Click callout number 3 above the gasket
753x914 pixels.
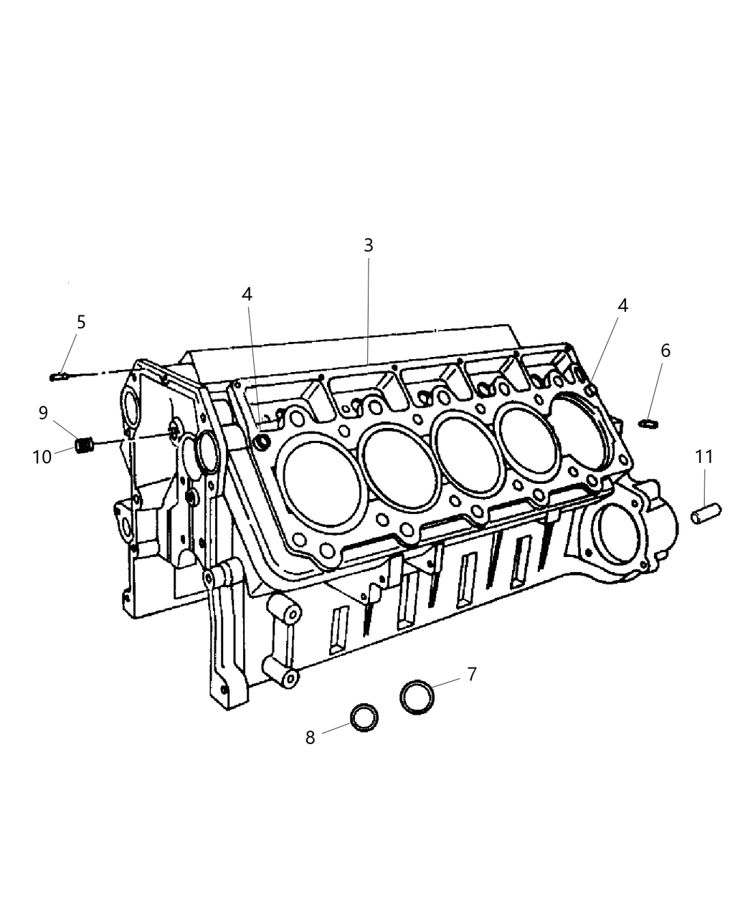(368, 245)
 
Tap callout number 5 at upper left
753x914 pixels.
(81, 322)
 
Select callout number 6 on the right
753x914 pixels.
(666, 351)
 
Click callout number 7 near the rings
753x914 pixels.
(471, 674)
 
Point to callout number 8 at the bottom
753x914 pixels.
(310, 738)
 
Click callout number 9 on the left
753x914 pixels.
(43, 412)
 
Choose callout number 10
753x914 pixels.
(42, 456)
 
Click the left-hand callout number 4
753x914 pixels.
(247, 294)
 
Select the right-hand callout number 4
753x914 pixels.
(622, 305)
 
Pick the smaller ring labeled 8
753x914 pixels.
(364, 716)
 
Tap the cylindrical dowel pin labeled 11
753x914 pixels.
(706, 515)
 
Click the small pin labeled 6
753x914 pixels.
(648, 424)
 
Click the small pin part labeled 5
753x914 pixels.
(58, 375)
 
